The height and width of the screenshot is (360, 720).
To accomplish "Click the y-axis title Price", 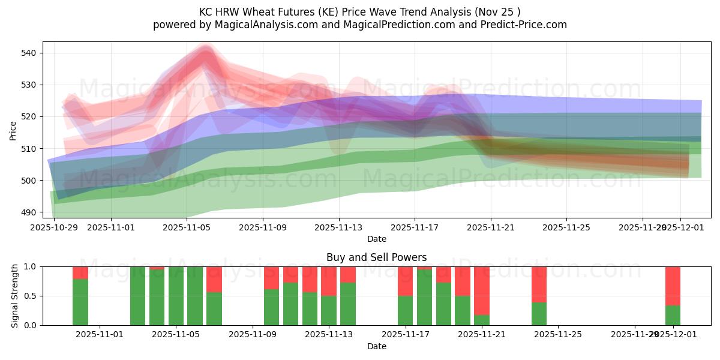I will (x=13, y=130).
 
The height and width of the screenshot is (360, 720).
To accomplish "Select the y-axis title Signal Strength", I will (x=15, y=296).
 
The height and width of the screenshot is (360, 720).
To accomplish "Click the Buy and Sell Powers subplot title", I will (x=376, y=257).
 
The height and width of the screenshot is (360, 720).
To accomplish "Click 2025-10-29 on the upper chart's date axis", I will (x=54, y=227).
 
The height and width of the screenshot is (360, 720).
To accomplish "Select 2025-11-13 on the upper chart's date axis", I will (x=338, y=227).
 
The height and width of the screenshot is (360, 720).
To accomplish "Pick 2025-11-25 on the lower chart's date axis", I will (x=558, y=335).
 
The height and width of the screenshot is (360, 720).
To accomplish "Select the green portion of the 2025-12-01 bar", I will (x=673, y=315).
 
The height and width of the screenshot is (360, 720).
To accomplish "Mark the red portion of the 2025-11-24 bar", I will (x=539, y=284).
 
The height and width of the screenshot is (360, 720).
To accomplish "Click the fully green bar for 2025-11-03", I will (x=138, y=296).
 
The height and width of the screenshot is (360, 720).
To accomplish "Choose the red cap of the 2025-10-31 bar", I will (x=80, y=272).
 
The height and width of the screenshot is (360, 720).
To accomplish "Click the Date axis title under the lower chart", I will (x=376, y=346).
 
